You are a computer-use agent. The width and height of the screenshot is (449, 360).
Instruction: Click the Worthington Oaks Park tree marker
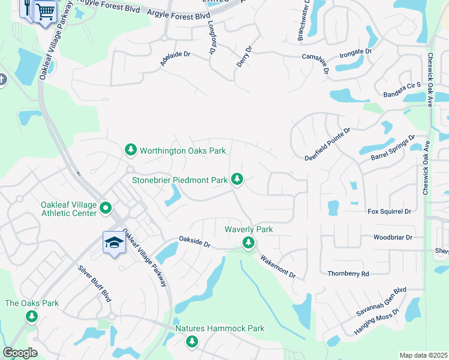[131, 150]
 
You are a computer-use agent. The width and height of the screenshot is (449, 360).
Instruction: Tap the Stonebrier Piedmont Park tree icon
[238, 179]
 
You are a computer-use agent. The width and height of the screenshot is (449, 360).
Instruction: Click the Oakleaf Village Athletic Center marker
[106, 209]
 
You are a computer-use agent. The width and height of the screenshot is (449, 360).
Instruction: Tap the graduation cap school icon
[113, 242]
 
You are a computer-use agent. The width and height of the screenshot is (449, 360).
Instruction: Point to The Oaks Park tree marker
[32, 316]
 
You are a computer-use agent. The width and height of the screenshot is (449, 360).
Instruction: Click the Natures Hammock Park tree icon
[191, 341]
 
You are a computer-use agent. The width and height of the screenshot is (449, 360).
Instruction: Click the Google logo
[20, 353]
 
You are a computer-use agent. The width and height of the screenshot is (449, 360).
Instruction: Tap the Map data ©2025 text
[423, 355]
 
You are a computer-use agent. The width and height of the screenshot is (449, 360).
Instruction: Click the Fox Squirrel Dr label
[389, 211]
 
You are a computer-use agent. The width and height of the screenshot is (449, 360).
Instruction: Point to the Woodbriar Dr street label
[393, 238]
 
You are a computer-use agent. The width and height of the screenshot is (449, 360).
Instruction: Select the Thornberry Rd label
[348, 274]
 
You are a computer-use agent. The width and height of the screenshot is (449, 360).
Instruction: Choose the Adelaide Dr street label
[175, 54]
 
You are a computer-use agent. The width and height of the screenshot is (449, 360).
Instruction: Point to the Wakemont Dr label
[277, 266]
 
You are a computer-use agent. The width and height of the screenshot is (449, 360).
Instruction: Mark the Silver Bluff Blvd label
[95, 284]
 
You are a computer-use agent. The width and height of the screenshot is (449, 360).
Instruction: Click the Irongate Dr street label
[355, 52]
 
